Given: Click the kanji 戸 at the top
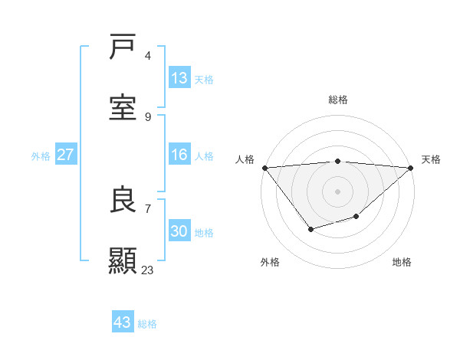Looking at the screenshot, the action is tap(123, 47).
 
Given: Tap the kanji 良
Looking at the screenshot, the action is tap(123, 200).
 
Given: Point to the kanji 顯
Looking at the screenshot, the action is tap(123, 261).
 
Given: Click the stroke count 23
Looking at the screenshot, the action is tap(147, 270).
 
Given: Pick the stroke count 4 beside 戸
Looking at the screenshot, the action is tap(147, 56).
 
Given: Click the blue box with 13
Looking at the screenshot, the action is tap(179, 78).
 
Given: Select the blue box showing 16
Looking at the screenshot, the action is tap(179, 155).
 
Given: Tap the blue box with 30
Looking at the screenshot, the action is tap(179, 231).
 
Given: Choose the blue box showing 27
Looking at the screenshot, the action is tap(65, 155).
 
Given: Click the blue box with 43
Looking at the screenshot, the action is tap(122, 322).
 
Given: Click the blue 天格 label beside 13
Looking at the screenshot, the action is tap(203, 79).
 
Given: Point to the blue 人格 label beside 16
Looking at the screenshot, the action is tap(203, 155).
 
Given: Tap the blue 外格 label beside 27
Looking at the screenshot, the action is tap(41, 155).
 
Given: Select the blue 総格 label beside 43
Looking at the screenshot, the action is tap(147, 323).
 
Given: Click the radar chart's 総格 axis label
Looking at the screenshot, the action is tap(337, 100).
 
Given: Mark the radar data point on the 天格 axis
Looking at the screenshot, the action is tap(411, 168).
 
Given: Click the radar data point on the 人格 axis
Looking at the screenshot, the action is tap(264, 168).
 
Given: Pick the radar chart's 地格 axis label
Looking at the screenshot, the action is tap(402, 262).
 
